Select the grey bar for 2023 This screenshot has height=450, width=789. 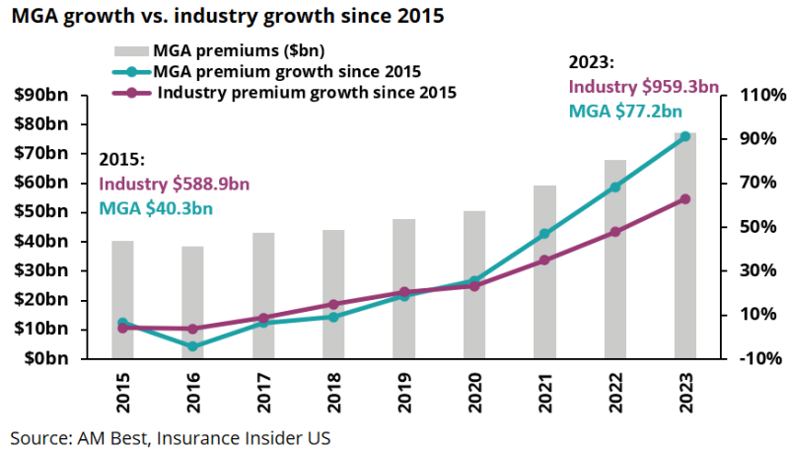(x=685, y=247)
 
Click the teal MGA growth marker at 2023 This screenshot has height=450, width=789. (x=685, y=136)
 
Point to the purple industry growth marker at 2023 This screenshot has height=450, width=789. (x=685, y=199)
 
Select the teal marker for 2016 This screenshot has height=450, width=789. (x=193, y=346)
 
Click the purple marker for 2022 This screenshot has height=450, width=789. (x=615, y=232)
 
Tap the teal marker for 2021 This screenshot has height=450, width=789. (x=545, y=234)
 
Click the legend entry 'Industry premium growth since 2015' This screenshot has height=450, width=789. (x=307, y=94)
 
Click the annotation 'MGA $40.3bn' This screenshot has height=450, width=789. (x=157, y=207)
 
